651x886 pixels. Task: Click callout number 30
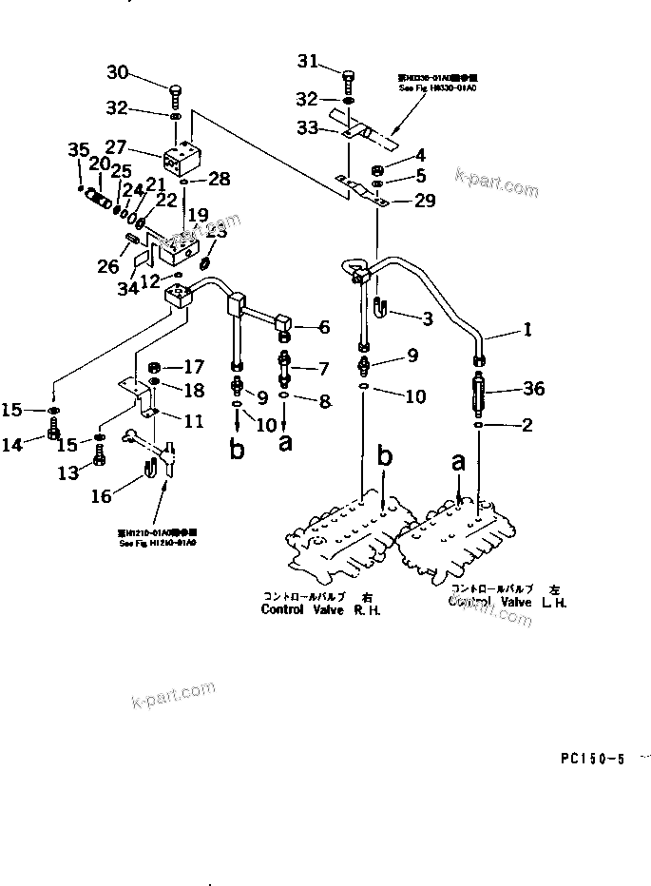pos(116,72)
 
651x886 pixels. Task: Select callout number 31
pos(307,62)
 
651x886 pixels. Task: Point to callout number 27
pos(115,147)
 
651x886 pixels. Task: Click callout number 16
pos(102,495)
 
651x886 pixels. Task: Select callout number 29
pos(425,201)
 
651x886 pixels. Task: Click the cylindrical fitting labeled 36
pos(479,391)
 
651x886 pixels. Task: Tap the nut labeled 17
pos(156,367)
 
